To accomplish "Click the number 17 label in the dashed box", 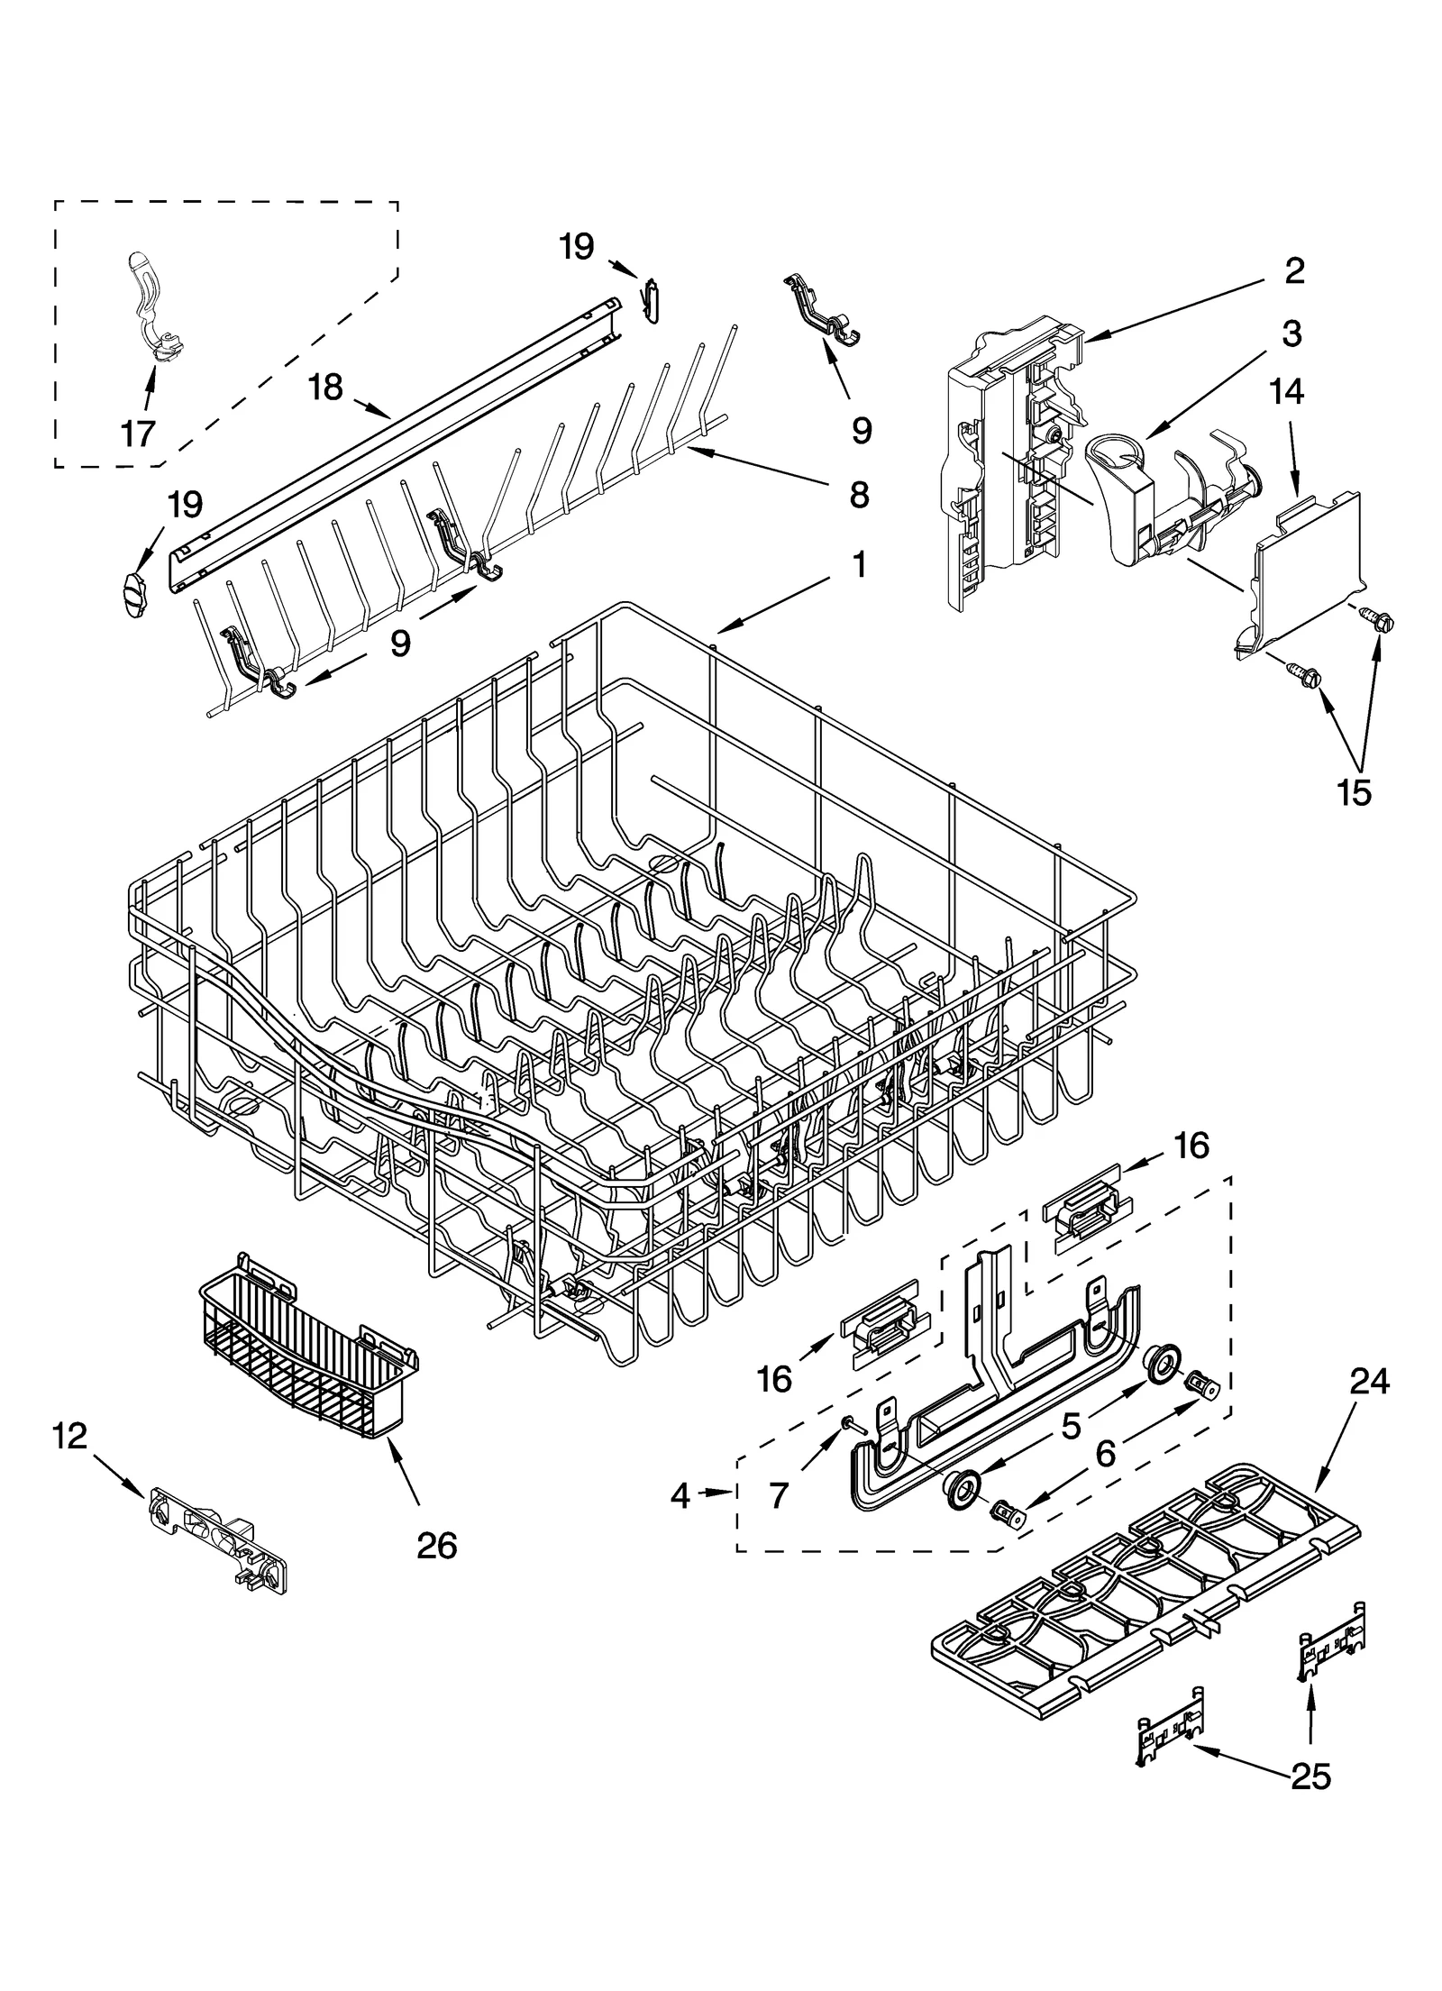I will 138,434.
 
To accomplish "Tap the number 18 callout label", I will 324,388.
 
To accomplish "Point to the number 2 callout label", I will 1293,270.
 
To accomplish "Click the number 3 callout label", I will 1291,333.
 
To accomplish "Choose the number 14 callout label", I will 1287,392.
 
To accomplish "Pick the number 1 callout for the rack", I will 858,565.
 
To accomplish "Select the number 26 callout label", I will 436,1545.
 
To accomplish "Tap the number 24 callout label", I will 1369,1381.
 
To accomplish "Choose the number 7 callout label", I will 779,1496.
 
